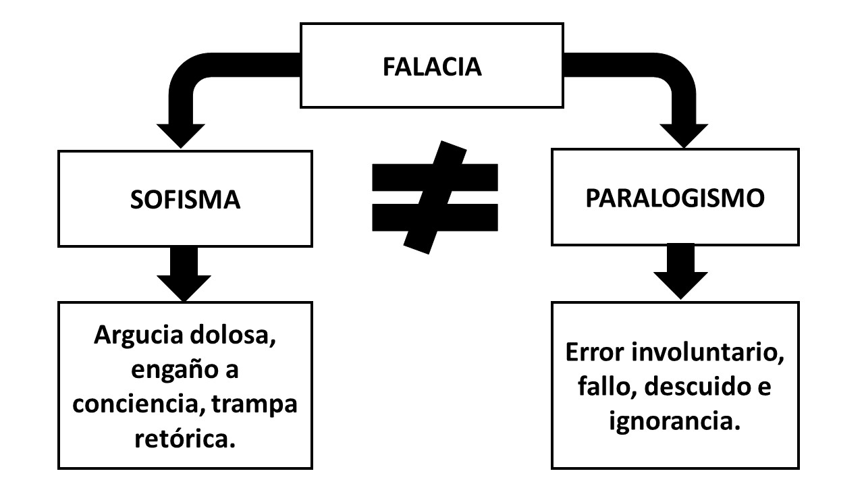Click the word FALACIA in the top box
(432, 67)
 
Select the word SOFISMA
(185, 200)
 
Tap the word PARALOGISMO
(674, 198)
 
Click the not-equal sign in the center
(435, 196)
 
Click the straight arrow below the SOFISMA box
(184, 273)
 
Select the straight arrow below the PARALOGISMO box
(680, 271)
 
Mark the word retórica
(185, 439)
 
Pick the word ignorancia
(672, 421)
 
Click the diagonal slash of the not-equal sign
(435, 196)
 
